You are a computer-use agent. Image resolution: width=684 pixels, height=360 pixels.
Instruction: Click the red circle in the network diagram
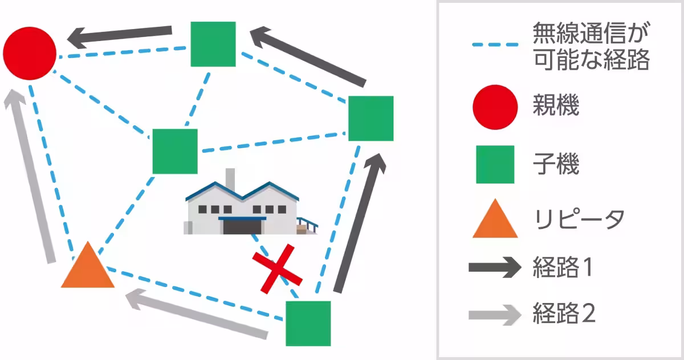pyautogui.click(x=30, y=52)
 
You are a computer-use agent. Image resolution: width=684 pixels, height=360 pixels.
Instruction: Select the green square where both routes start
pyautogui.click(x=308, y=323)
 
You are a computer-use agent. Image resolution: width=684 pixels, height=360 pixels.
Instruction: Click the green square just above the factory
pyautogui.click(x=174, y=151)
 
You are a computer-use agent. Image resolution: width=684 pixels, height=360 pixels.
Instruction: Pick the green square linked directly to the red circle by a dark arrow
pyautogui.click(x=213, y=44)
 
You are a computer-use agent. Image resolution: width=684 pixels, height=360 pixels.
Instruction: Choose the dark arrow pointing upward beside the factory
pyautogui.click(x=359, y=222)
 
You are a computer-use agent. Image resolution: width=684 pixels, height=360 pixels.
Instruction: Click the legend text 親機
pyautogui.click(x=556, y=106)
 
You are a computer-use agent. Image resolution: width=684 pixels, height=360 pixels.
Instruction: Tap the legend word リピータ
pyautogui.click(x=579, y=219)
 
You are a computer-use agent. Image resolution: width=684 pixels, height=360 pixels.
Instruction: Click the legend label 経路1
pyautogui.click(x=564, y=267)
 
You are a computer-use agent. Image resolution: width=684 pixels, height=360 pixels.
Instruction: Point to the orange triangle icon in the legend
pyautogui.click(x=495, y=220)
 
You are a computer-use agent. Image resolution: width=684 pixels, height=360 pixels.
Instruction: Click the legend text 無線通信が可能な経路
pyautogui.click(x=591, y=46)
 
